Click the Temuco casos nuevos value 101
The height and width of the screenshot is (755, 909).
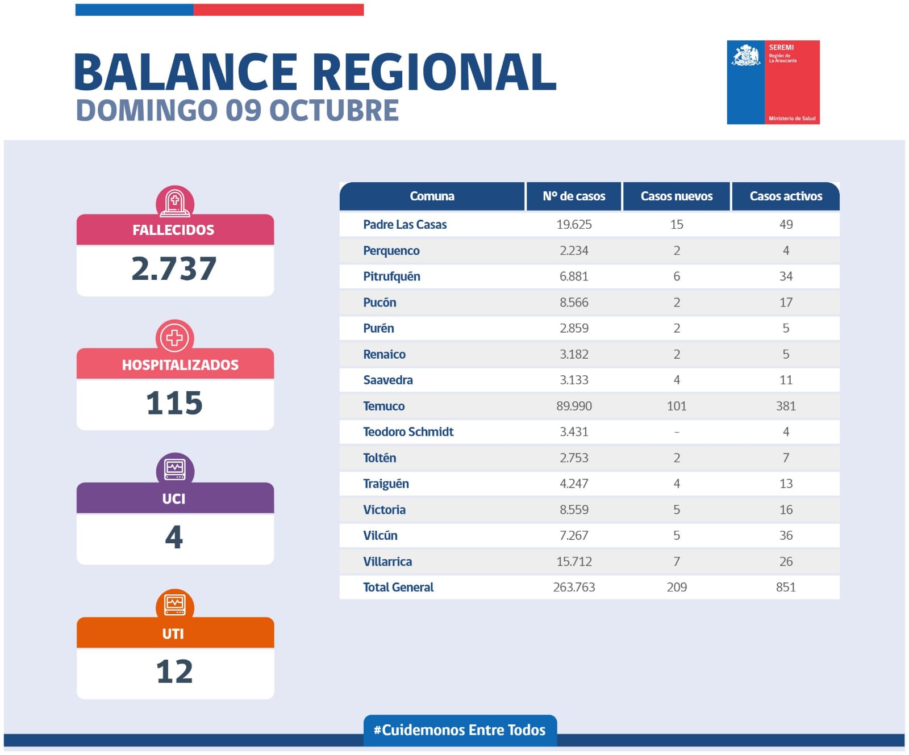[676, 406]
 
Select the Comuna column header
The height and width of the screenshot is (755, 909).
[432, 196]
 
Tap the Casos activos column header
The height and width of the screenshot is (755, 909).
[786, 196]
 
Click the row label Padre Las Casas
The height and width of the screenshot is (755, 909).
[405, 224]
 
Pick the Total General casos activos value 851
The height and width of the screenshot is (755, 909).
[786, 587]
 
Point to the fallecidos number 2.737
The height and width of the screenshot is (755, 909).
[174, 269]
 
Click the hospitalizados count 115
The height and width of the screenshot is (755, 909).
[174, 403]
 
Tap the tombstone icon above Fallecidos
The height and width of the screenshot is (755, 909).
[175, 202]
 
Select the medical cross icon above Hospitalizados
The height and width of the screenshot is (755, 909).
[175, 337]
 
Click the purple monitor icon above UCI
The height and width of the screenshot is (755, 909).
[175, 469]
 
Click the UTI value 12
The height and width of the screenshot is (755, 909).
[174, 672]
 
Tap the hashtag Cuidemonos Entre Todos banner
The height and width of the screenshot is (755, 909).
[460, 730]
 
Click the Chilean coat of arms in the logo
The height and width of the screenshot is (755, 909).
[746, 56]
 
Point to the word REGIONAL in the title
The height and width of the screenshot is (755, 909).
[434, 72]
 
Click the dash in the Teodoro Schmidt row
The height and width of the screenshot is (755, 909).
[676, 432]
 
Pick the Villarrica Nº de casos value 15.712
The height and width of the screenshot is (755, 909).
[574, 561]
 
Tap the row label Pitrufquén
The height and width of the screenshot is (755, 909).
[391, 276]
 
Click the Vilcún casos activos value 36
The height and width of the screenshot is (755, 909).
[786, 535]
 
